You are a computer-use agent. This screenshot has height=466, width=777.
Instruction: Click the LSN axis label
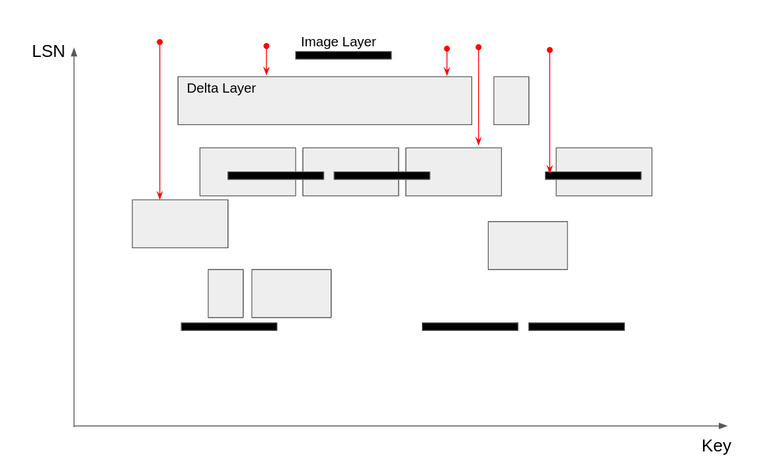click(48, 51)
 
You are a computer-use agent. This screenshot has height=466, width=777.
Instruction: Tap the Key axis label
click(716, 445)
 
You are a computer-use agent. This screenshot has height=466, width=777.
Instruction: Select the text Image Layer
click(338, 42)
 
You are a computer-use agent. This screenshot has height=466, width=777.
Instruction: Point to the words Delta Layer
click(221, 88)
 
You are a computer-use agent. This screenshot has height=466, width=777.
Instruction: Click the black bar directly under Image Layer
click(343, 56)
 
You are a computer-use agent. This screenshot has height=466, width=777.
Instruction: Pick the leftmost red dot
click(159, 42)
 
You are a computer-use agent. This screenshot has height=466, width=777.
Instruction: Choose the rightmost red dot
click(550, 50)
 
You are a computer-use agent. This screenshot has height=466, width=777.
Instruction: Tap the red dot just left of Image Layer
click(266, 46)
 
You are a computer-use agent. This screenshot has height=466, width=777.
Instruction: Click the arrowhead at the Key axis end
click(723, 426)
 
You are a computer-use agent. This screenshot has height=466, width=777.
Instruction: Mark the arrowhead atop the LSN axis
click(74, 52)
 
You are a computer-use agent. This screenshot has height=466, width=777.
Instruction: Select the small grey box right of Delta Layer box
click(511, 101)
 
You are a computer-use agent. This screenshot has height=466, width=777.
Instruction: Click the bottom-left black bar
click(229, 326)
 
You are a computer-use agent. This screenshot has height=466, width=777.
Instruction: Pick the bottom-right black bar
click(576, 326)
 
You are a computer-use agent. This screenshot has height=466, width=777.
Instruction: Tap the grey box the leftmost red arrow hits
click(180, 224)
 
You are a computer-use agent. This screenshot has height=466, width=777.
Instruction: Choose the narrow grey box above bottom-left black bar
click(225, 293)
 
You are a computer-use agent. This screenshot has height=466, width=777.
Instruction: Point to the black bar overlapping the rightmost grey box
click(593, 175)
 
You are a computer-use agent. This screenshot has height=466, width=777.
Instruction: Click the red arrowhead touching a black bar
click(550, 169)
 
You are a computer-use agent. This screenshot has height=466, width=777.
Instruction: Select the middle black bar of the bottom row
click(470, 326)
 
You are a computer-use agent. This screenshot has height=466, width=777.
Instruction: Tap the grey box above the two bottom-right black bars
click(528, 246)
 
